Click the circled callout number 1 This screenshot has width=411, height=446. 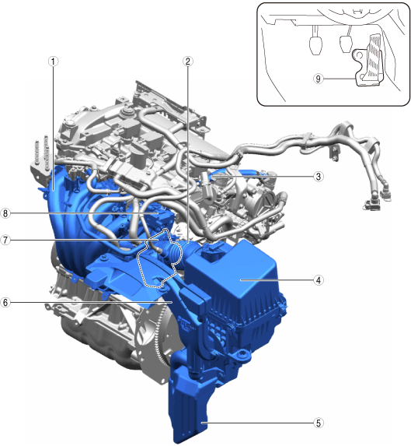click(53, 61)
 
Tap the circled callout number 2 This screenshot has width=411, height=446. click(187, 61)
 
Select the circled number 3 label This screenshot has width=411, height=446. click(319, 177)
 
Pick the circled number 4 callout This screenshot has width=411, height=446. click(319, 280)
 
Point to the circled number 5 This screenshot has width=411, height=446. click(319, 423)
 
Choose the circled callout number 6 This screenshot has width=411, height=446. click(5, 302)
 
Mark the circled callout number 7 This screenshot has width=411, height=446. click(5, 240)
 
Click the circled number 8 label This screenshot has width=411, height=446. click(5, 213)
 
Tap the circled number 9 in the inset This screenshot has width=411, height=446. click(319, 79)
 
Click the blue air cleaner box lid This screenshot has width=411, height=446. click(233, 270)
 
